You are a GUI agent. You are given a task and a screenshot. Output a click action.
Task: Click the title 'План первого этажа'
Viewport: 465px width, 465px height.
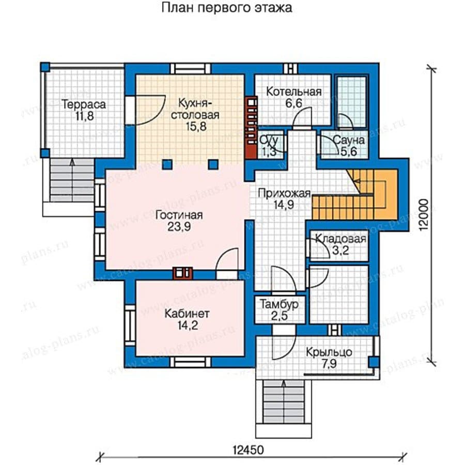[x=227, y=8]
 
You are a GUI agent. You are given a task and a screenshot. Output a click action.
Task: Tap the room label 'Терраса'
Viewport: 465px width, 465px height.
[x=84, y=104]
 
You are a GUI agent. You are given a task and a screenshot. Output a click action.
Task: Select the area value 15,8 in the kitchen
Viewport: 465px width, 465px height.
[x=196, y=127]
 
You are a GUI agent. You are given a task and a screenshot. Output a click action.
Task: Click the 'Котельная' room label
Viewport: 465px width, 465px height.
[x=293, y=91]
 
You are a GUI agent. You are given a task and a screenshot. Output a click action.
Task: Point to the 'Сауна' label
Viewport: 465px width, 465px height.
[x=348, y=140]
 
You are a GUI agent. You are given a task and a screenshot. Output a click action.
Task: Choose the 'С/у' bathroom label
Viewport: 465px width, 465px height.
[x=269, y=139]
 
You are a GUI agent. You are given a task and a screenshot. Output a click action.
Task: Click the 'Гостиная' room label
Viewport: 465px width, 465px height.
[x=179, y=215]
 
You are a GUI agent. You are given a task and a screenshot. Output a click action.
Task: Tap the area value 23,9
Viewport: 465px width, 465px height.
[x=179, y=227]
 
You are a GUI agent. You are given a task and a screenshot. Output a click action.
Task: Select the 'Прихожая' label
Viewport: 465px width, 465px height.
[x=284, y=193]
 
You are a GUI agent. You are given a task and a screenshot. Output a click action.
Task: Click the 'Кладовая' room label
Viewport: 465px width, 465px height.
[x=340, y=239]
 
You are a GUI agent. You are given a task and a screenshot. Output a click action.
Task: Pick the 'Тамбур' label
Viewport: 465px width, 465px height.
[x=279, y=304]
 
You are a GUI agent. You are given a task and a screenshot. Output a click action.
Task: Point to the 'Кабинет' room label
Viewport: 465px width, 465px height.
[x=187, y=314]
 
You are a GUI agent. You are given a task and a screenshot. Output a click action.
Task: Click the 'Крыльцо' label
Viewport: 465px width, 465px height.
[x=329, y=352]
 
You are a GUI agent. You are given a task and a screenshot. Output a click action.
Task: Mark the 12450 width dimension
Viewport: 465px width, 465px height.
[x=248, y=450]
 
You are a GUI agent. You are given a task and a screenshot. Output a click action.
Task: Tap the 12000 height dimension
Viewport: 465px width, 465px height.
[x=424, y=214]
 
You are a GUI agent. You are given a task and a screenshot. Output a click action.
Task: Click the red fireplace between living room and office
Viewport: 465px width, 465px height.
[x=182, y=274]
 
